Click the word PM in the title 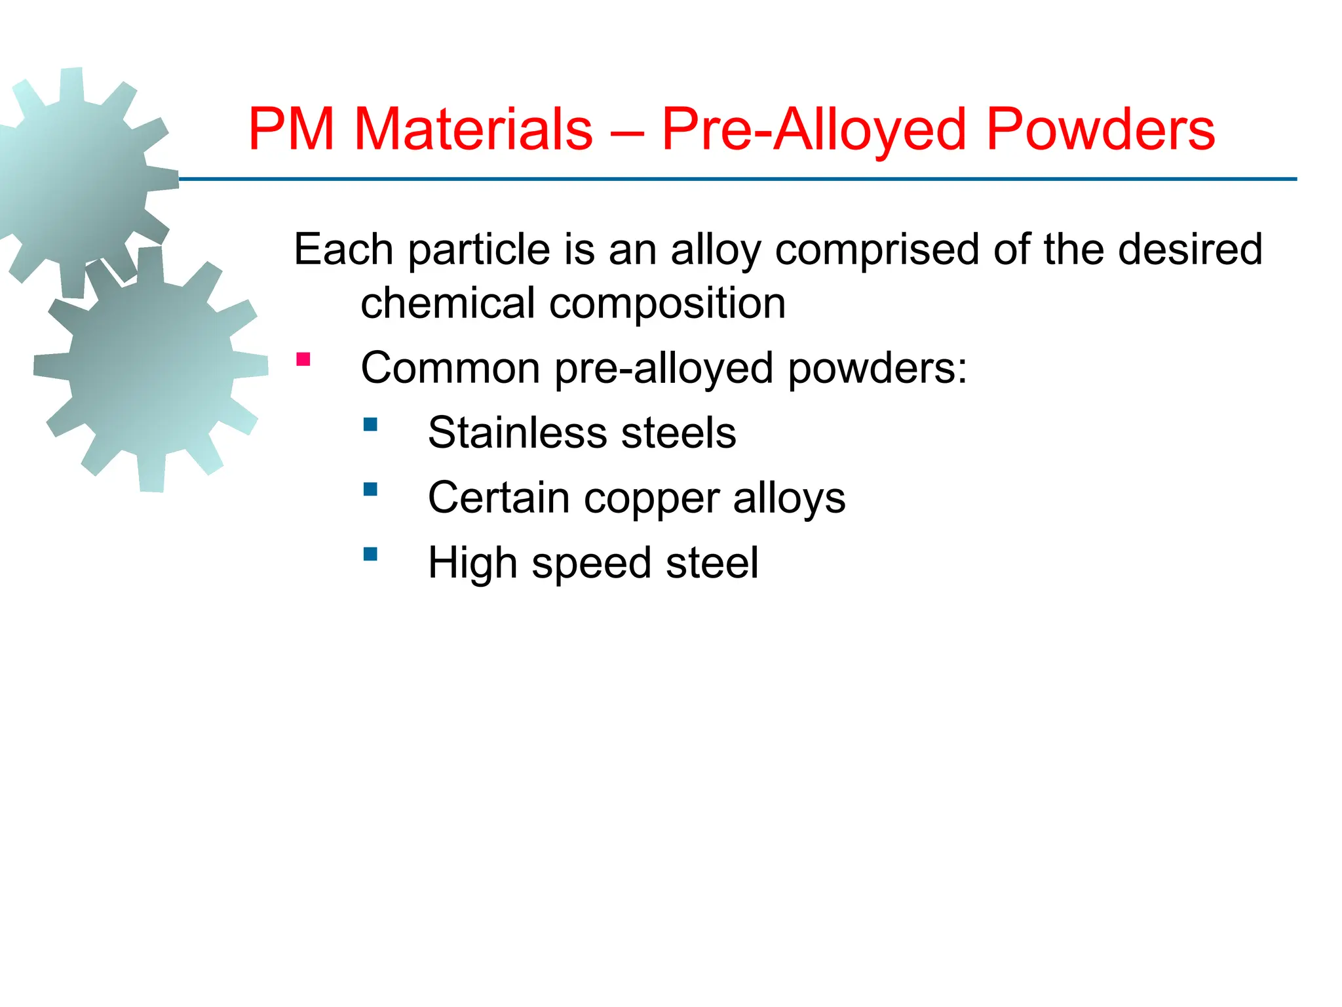click(292, 129)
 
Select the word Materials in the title click(473, 129)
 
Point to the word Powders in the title click(1100, 129)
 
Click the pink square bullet click(303, 359)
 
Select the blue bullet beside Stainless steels click(370, 424)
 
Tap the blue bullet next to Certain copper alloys click(370, 489)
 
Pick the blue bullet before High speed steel click(370, 554)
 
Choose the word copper click(651, 498)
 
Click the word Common click(450, 368)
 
